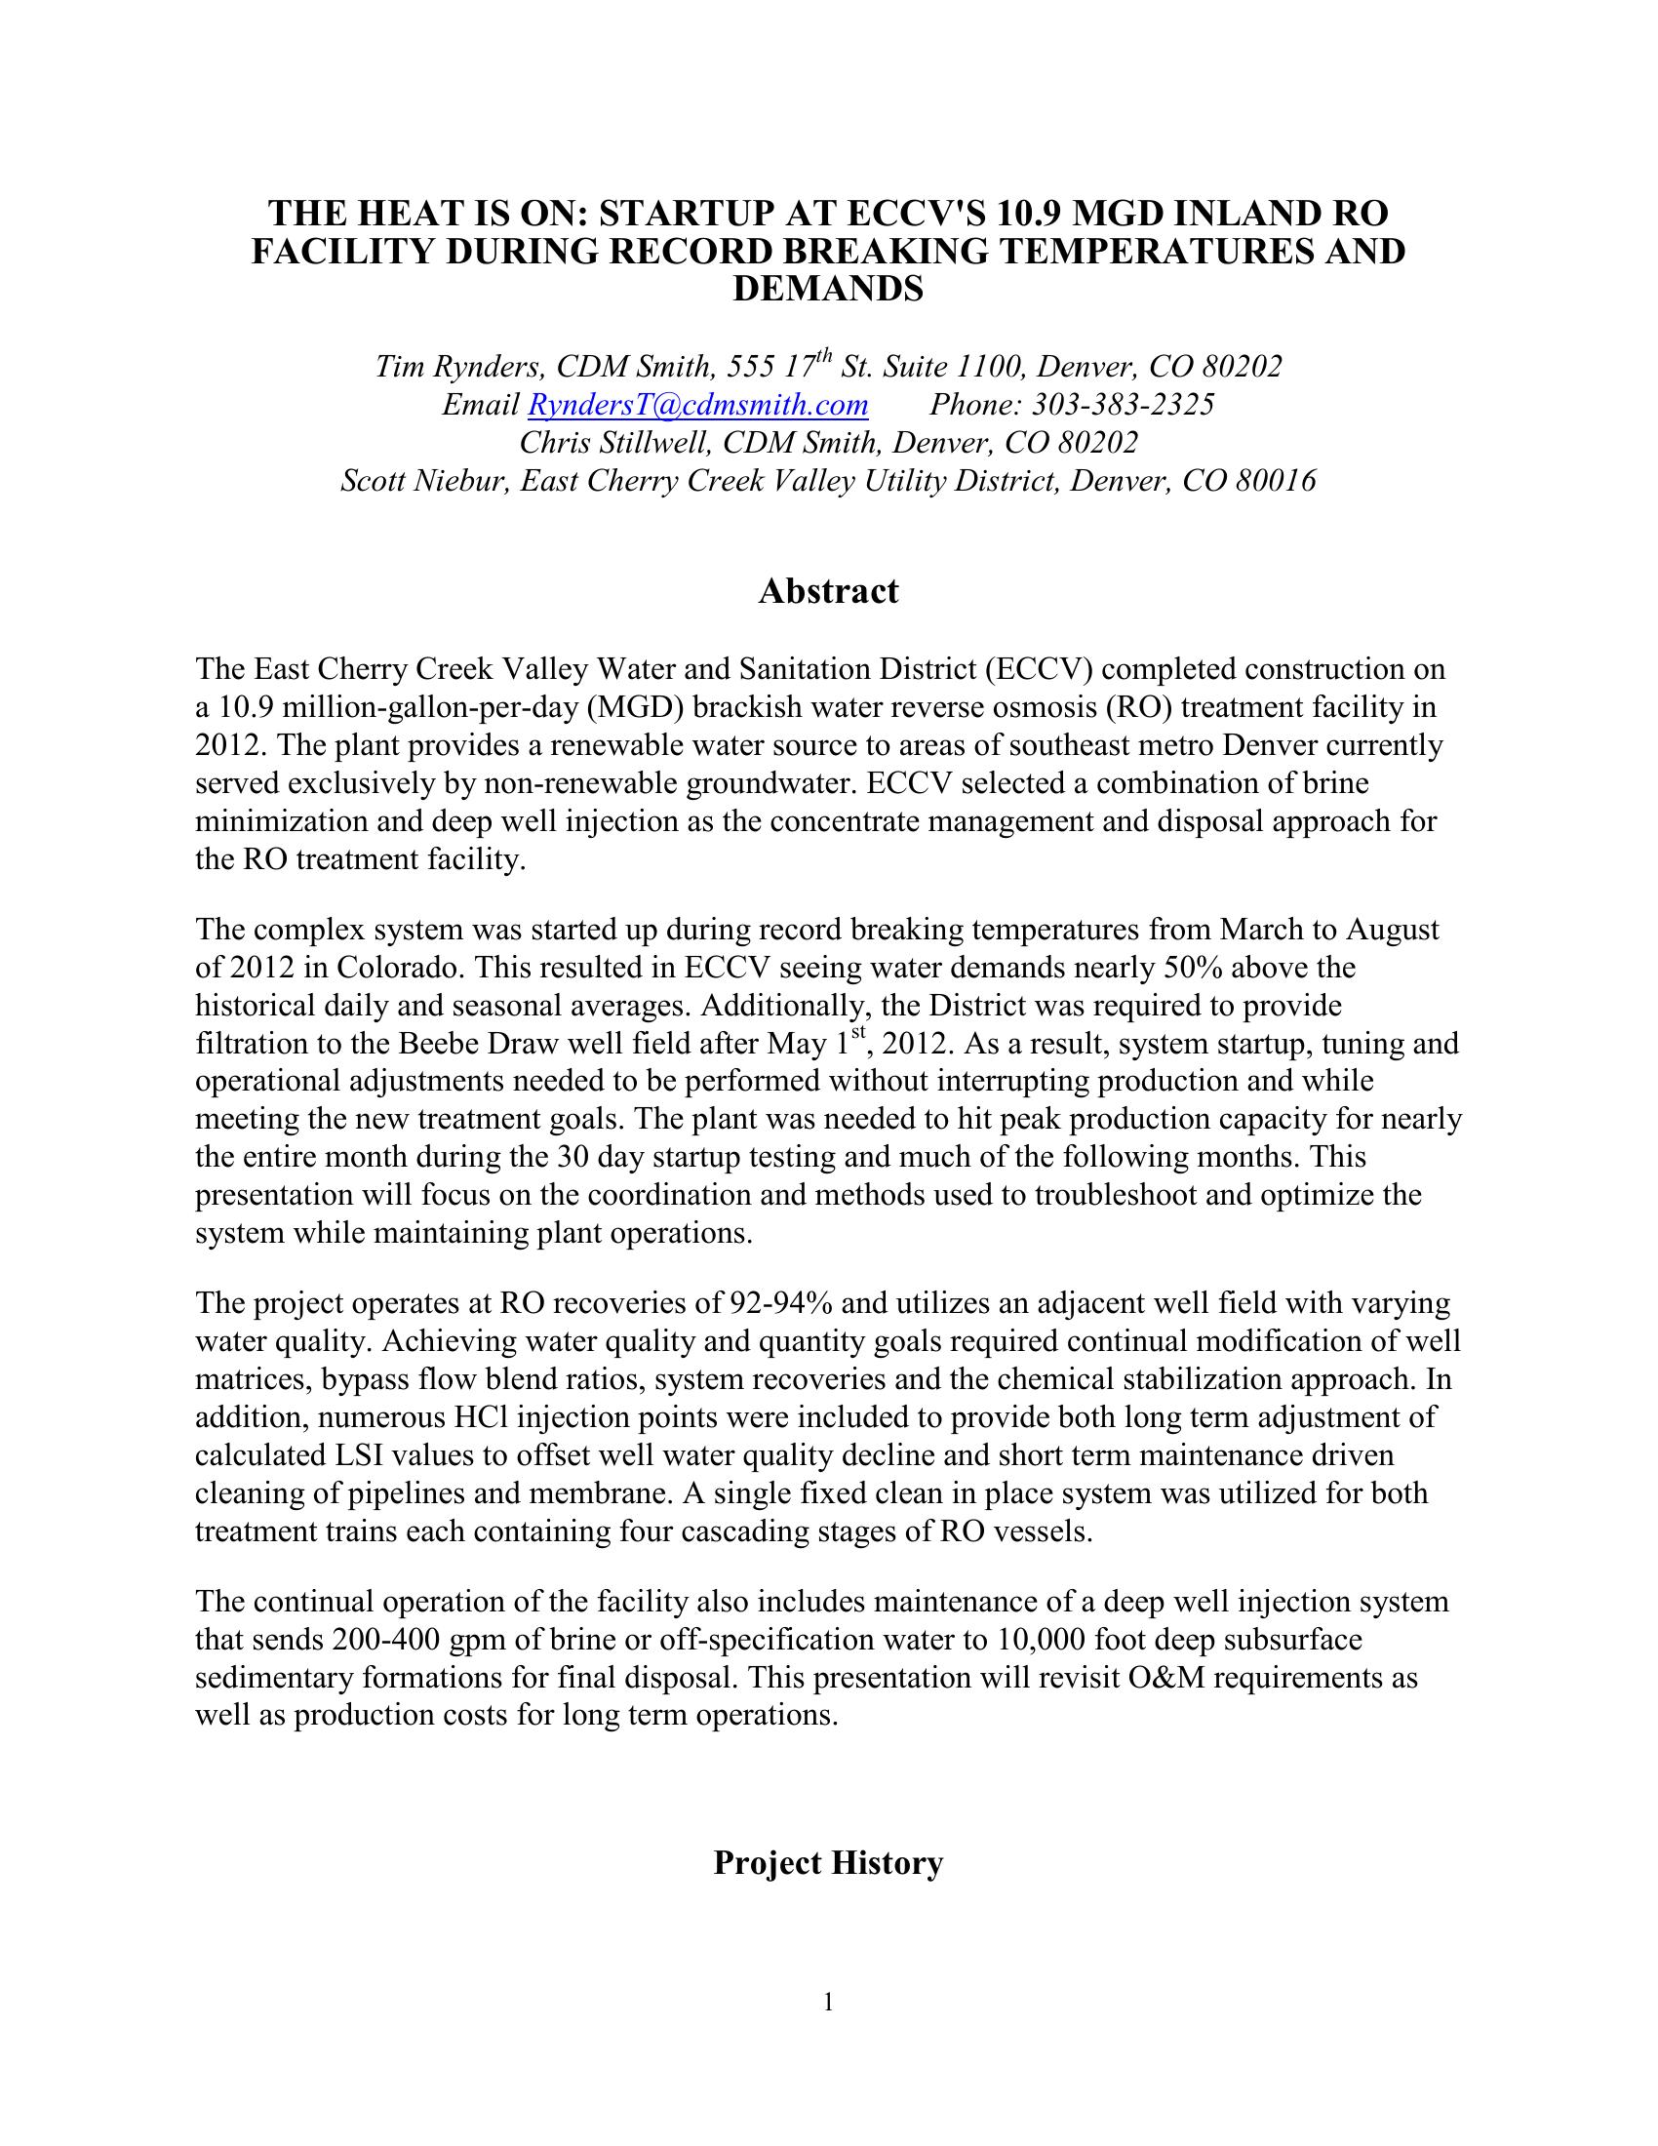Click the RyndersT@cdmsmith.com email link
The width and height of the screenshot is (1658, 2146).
tap(697, 405)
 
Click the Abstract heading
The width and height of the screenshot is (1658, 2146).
tap(828, 591)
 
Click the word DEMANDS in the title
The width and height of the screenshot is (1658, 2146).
tap(828, 289)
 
